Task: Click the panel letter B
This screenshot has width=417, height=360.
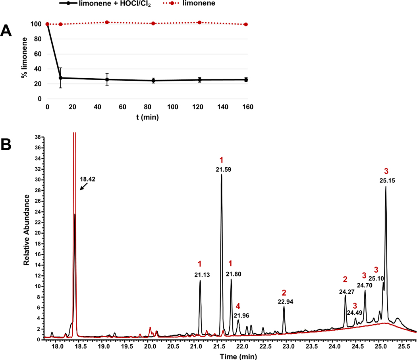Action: tap(7, 145)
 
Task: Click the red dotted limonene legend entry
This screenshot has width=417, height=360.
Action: tap(210, 4)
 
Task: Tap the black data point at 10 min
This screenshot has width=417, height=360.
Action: tap(60, 78)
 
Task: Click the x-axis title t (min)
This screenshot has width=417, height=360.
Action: tap(147, 118)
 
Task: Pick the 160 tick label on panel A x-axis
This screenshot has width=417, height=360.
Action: tap(247, 107)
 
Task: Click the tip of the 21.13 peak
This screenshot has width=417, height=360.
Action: tap(200, 281)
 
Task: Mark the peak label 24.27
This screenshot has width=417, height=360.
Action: tap(346, 291)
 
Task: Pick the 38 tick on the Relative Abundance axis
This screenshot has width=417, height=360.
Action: tap(39, 136)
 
